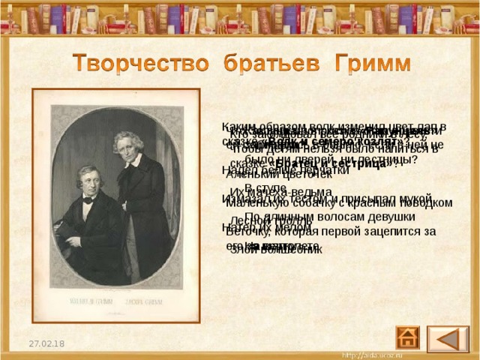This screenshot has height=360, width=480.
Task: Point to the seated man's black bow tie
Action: click(x=89, y=200)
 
